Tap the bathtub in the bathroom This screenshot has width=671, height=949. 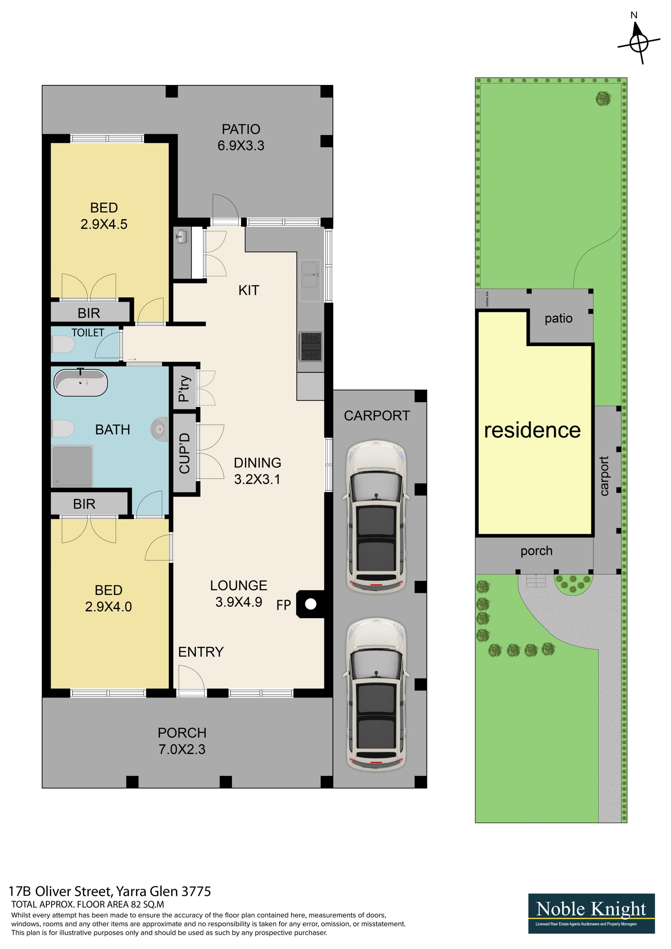click(81, 382)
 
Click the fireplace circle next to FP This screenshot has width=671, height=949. click(311, 604)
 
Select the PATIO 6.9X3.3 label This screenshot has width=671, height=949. click(241, 137)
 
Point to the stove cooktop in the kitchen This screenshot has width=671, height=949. click(311, 347)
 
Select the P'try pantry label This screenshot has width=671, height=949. click(184, 388)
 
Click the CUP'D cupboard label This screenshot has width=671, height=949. click(184, 453)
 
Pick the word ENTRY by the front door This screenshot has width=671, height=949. click(201, 652)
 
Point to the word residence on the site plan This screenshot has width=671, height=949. click(532, 430)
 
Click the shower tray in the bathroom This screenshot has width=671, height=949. click(72, 466)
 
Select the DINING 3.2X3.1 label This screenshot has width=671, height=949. click(258, 471)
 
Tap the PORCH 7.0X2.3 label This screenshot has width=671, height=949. click(182, 741)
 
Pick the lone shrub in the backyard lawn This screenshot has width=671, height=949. click(603, 98)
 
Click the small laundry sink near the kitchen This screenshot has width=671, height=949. click(181, 237)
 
